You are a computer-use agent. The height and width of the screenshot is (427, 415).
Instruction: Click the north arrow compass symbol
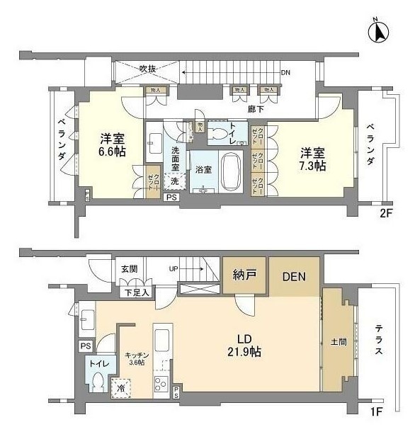(x=380, y=33)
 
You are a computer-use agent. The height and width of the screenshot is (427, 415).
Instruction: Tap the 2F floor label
(x=385, y=212)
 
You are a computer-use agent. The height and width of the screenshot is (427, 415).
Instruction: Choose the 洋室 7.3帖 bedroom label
(x=312, y=159)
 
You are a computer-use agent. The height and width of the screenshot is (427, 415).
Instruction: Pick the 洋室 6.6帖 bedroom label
(x=113, y=144)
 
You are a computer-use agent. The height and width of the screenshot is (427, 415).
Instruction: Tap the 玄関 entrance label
(x=130, y=268)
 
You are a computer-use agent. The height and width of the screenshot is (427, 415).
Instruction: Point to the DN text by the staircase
(x=285, y=73)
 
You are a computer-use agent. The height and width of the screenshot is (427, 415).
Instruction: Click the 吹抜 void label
(x=147, y=69)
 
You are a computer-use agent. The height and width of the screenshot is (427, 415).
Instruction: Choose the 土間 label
(x=338, y=342)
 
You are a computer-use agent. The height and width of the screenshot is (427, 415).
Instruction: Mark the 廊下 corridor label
(x=256, y=108)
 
